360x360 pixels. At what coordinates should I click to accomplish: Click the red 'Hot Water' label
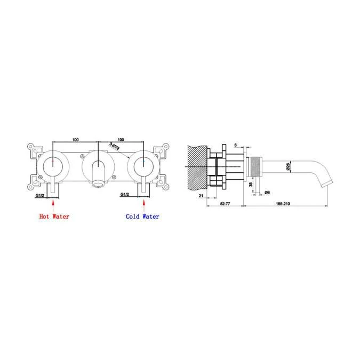point(54,217)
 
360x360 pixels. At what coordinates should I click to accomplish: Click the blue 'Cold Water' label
point(142,217)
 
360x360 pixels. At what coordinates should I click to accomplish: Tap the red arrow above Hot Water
point(54,204)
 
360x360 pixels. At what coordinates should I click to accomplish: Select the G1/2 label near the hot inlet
point(41,195)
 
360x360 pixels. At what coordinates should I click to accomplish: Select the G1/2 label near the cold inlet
point(126,195)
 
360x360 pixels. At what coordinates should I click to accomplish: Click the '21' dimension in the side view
point(201,196)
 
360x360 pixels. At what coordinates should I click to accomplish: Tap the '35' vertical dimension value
point(251,185)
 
